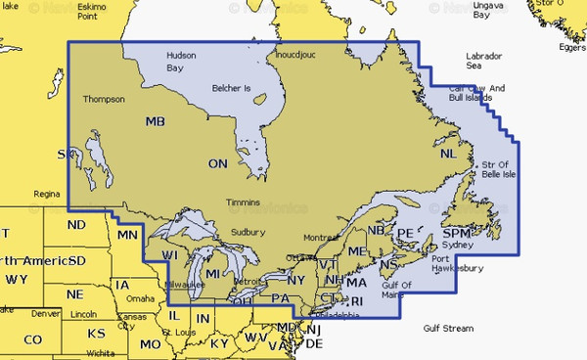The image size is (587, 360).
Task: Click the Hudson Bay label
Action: pyautogui.click(x=181, y=62)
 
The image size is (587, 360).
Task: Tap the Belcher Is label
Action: pyautogui.click(x=232, y=89)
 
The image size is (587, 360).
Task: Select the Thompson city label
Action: pyautogui.click(x=104, y=99)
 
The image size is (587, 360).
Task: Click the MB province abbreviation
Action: pyautogui.click(x=156, y=121)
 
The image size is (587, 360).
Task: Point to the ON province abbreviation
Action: pyautogui.click(x=218, y=163)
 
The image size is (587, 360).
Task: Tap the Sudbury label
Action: pyautogui.click(x=248, y=232)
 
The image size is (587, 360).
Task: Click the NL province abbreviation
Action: pyautogui.click(x=448, y=155)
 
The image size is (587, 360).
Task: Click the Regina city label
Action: pyautogui.click(x=46, y=194)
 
